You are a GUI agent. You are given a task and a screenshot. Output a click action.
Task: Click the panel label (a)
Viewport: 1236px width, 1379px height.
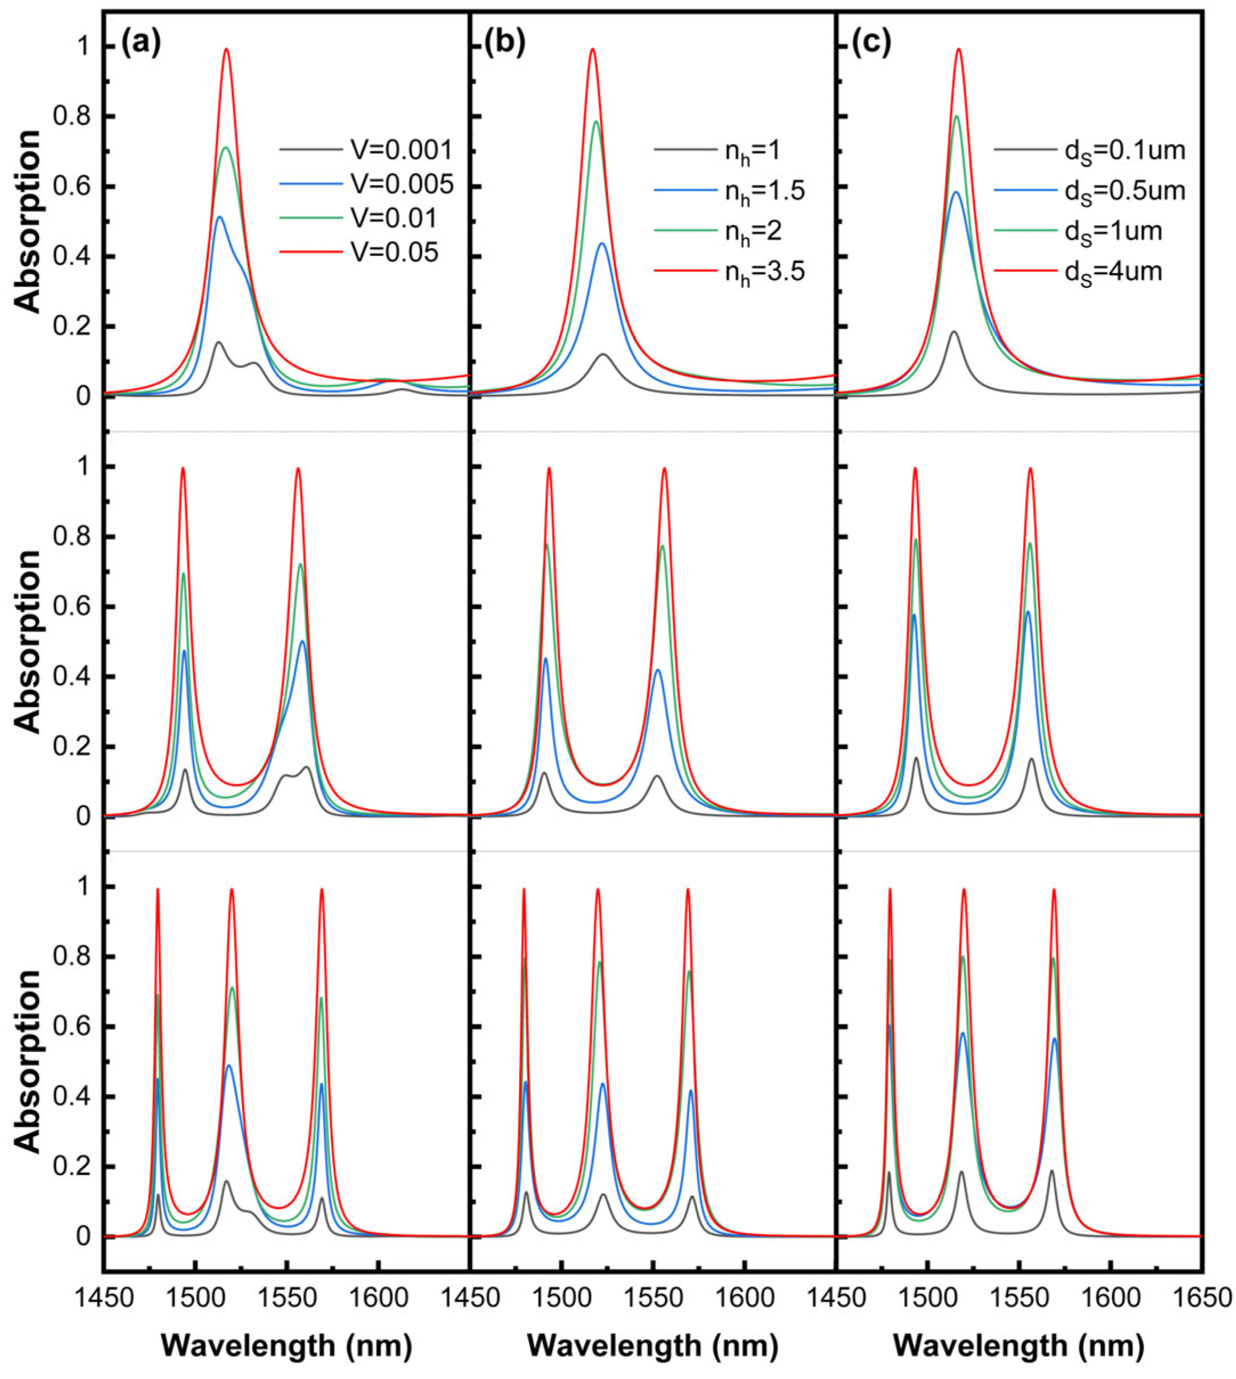141,45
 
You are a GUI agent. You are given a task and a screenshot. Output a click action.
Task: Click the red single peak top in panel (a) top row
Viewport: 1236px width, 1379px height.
227,50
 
